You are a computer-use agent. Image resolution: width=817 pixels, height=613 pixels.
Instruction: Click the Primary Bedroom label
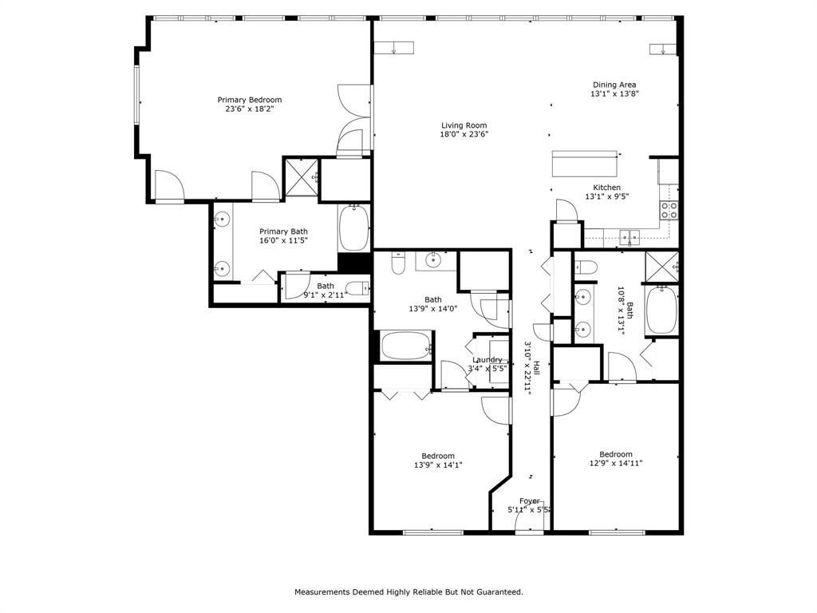pos(250,100)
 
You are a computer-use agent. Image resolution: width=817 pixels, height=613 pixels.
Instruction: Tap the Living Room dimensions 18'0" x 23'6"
pos(464,134)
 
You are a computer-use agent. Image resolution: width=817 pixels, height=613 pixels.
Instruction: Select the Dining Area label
pos(614,85)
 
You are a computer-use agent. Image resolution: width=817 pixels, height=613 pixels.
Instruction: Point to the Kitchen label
pos(607,187)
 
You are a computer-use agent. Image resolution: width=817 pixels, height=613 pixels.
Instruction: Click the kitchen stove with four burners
pos(669,210)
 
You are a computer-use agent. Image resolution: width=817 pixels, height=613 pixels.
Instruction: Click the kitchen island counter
pos(585,164)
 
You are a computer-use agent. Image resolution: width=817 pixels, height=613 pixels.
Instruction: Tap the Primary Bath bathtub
pos(354,228)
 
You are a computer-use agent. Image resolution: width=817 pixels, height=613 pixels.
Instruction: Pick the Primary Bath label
pos(283,231)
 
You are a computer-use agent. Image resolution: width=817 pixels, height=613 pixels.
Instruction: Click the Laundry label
pos(487,360)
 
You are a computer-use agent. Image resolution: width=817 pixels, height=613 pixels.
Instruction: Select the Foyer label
pos(530,501)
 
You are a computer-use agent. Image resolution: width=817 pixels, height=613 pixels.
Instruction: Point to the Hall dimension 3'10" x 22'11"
pos(527,368)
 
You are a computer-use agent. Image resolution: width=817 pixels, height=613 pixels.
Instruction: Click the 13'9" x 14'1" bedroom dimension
pos(438,465)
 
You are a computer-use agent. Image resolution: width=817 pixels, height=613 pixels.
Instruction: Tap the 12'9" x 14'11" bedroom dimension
pos(616,463)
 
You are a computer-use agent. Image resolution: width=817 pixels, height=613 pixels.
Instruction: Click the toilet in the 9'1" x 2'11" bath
pos(357,287)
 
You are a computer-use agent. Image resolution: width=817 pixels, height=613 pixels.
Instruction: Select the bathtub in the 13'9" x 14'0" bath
pos(406,346)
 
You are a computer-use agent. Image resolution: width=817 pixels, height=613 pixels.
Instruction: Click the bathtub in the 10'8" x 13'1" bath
pos(661,310)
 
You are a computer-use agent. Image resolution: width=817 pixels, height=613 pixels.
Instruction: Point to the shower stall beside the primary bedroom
pos(301,178)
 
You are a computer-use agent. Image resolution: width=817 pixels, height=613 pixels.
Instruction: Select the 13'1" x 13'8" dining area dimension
pos(614,94)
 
